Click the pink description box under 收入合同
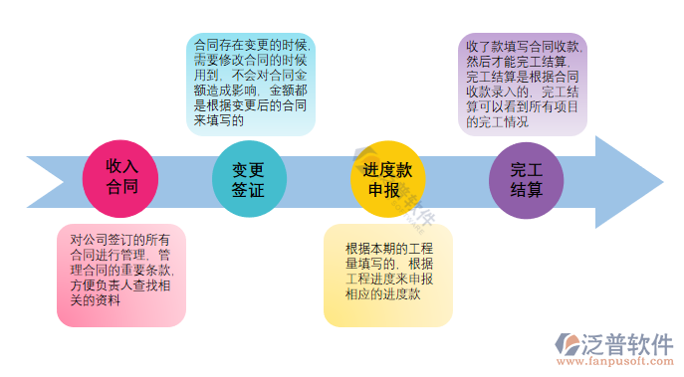[120, 275]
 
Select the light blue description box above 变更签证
[251, 84]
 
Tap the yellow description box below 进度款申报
[388, 275]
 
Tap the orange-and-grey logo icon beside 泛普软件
[570, 344]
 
